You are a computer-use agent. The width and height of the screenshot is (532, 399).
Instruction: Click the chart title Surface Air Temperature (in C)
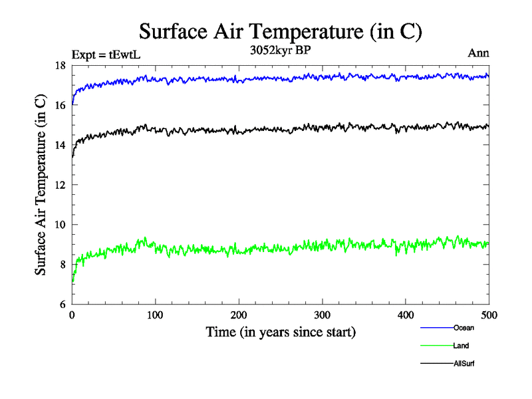pos(281,31)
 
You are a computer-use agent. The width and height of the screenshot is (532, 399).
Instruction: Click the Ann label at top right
pos(479,54)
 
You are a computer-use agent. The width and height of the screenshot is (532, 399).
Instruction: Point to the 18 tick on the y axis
pos(61,65)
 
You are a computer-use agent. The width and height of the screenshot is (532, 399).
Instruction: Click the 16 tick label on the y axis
pos(61,105)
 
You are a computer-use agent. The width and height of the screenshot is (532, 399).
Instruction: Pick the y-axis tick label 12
pos(61,185)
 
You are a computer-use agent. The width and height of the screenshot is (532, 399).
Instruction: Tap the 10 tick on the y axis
pos(61,225)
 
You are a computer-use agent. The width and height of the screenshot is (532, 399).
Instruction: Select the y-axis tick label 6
pos(63,304)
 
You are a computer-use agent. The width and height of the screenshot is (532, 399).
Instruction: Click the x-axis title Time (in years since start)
pos(281,332)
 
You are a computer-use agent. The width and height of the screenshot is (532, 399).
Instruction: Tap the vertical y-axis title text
pos(41,185)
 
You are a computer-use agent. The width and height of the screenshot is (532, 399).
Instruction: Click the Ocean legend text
pos(464,328)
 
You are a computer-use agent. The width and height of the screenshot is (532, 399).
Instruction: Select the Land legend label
pos(462,346)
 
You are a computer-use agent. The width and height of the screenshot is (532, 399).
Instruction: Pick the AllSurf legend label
pos(464,364)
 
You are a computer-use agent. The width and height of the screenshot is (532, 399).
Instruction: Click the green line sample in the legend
pos(436,346)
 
